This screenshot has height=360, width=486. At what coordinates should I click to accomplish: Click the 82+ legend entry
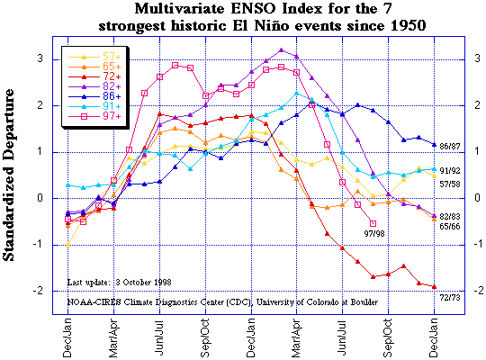pyautogui.click(x=94, y=86)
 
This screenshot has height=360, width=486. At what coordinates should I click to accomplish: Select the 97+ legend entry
pyautogui.click(x=94, y=116)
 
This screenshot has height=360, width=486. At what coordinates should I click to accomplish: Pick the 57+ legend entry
pyautogui.click(x=94, y=57)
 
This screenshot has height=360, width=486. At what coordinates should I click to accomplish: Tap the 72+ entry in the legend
pyautogui.click(x=94, y=76)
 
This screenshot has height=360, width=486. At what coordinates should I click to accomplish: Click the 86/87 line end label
pyautogui.click(x=450, y=146)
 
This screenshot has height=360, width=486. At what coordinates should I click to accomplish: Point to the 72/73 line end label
pyautogui.click(x=450, y=298)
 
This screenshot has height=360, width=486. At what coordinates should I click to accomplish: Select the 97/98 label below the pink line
pyautogui.click(x=374, y=233)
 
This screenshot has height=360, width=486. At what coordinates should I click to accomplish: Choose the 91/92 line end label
pyautogui.click(x=450, y=170)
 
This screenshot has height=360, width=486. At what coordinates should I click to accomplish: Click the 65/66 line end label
pyautogui.click(x=450, y=227)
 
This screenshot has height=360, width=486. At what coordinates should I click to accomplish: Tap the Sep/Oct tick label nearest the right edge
pyautogui.click(x=388, y=337)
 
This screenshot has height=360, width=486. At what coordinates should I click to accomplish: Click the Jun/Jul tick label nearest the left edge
pyautogui.click(x=159, y=338)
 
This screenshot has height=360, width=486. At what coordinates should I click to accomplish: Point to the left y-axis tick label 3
pyautogui.click(x=40, y=58)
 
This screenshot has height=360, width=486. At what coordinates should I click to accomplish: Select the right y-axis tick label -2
pyautogui.click(x=479, y=291)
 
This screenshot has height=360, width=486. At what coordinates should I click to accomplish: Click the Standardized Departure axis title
pyautogui.click(x=8, y=175)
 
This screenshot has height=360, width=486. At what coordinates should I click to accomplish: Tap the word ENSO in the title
pyautogui.click(x=254, y=9)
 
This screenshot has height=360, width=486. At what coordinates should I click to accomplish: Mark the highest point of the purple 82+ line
pyautogui.click(x=281, y=49)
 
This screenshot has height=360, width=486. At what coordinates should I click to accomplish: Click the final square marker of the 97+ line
pyautogui.click(x=373, y=223)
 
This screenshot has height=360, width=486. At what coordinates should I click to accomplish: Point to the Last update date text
pyautogui.click(x=120, y=283)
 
